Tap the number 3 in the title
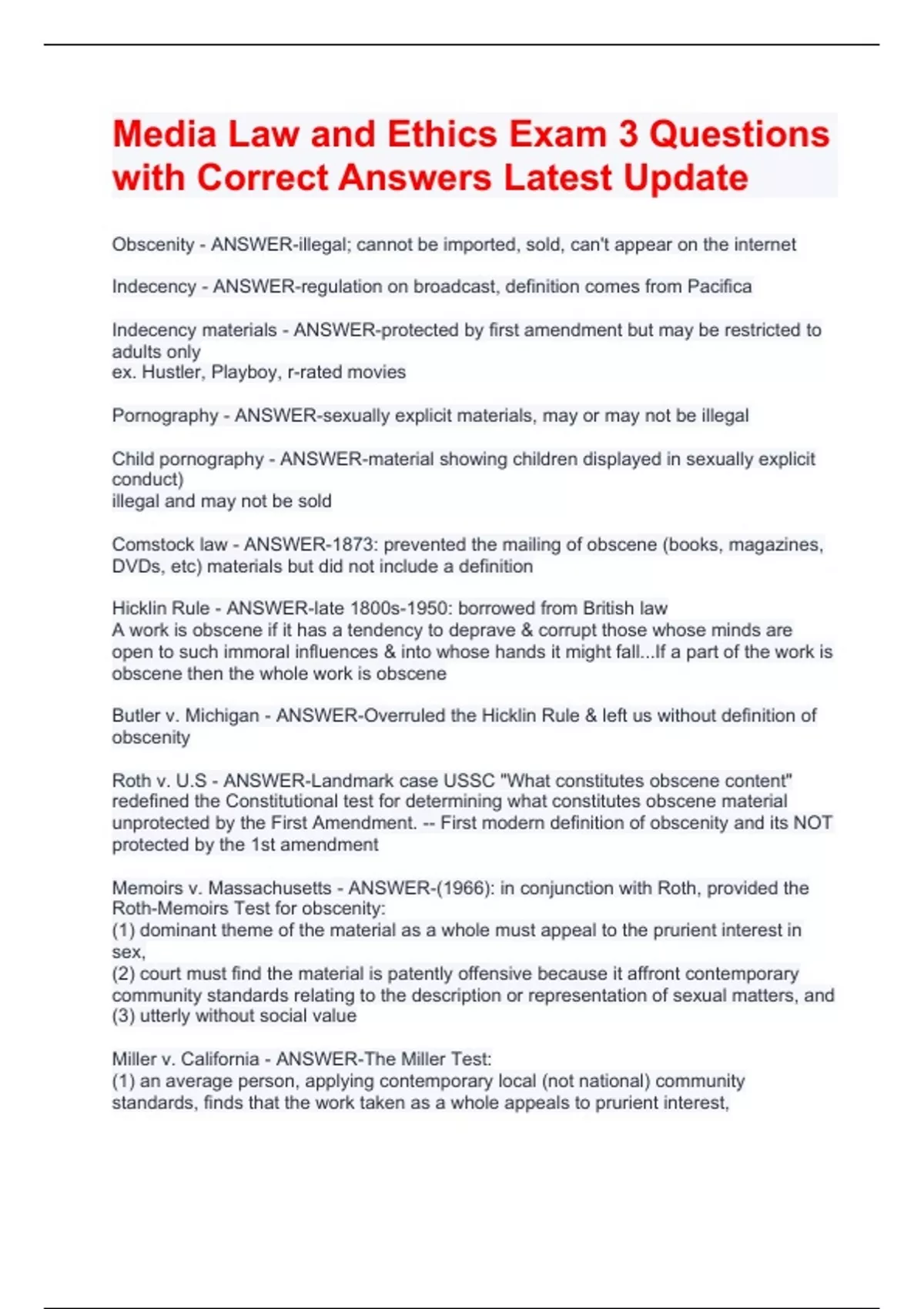628,134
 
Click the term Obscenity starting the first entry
153,244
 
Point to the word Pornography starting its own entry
165,416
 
